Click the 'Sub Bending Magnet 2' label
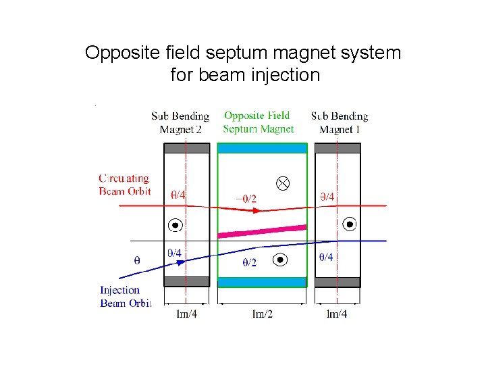click(180, 123)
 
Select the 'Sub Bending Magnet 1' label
click(340, 123)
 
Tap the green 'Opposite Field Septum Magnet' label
click(258, 122)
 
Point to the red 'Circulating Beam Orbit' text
click(124, 185)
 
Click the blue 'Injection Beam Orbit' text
click(125, 296)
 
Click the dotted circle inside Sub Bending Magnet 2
click(175, 225)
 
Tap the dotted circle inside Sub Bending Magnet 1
click(350, 224)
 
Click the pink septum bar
click(261, 230)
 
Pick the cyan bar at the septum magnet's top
click(262, 148)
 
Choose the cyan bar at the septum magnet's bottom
click(262, 282)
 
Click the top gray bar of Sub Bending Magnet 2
click(186, 148)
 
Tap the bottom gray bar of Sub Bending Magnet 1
click(338, 281)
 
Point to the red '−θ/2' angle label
click(246, 199)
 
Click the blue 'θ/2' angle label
click(249, 262)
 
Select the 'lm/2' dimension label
click(262, 314)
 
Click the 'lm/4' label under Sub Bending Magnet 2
click(187, 314)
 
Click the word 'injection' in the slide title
click(279, 74)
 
